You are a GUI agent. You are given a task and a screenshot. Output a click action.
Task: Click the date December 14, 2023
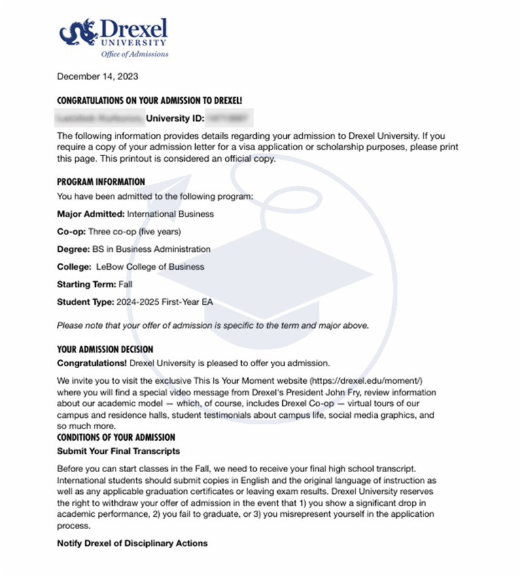pos(97,76)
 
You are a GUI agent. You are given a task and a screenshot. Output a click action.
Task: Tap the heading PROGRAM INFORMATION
pos(101,182)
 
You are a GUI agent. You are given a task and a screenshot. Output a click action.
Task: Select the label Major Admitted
pos(90,214)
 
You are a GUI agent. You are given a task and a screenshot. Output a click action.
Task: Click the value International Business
pos(171,214)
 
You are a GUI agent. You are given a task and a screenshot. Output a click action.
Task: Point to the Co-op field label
pos(71,232)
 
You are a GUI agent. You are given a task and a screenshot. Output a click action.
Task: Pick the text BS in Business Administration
pos(152,249)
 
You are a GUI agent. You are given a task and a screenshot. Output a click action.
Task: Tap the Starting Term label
pos(86,285)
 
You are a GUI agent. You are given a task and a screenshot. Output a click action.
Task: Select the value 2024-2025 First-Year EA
pos(164,302)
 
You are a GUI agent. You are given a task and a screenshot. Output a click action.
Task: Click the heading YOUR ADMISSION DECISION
pos(105,350)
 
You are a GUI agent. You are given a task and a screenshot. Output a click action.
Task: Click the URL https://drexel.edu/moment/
pos(370,381)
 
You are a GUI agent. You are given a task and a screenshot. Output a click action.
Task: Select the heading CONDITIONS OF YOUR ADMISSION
pos(116,437)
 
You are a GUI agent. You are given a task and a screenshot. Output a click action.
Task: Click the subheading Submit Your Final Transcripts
pos(118,451)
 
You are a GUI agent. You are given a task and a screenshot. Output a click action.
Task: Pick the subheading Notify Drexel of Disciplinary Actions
pos(132,543)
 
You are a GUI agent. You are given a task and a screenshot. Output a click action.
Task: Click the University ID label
pos(175,120)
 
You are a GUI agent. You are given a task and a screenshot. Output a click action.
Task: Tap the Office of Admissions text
pos(135,54)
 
